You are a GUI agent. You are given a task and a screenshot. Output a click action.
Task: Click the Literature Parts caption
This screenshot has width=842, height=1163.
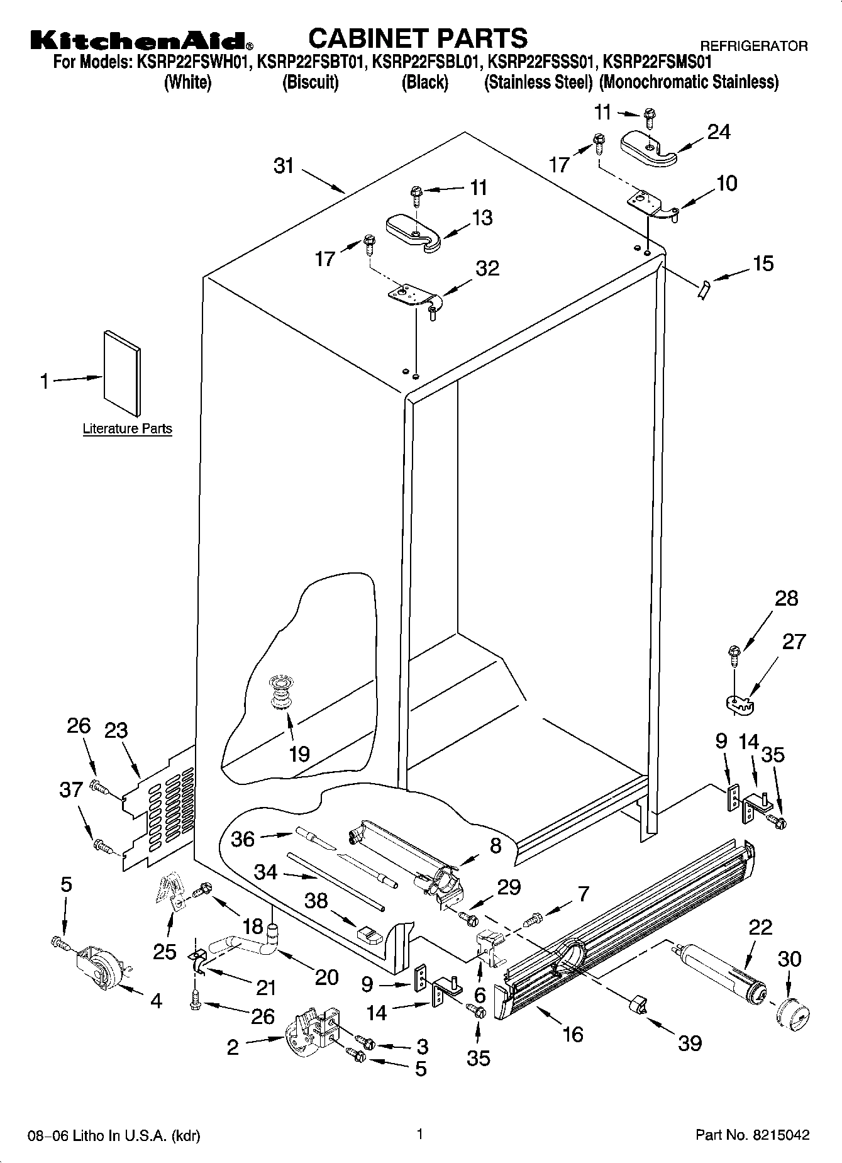127,429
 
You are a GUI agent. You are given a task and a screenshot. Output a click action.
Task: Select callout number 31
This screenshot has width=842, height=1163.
284,166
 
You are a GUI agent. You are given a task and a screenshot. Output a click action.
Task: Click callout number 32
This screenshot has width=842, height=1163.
487,268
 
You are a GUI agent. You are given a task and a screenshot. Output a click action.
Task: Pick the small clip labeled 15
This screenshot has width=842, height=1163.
702,290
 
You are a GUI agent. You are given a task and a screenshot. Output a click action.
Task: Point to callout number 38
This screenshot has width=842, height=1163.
316,901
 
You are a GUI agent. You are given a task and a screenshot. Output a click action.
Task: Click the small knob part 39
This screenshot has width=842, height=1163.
637,1004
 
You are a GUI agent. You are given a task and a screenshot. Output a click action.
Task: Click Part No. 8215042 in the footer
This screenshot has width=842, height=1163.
752,1135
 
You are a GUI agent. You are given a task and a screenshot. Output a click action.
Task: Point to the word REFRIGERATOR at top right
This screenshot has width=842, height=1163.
754,46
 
